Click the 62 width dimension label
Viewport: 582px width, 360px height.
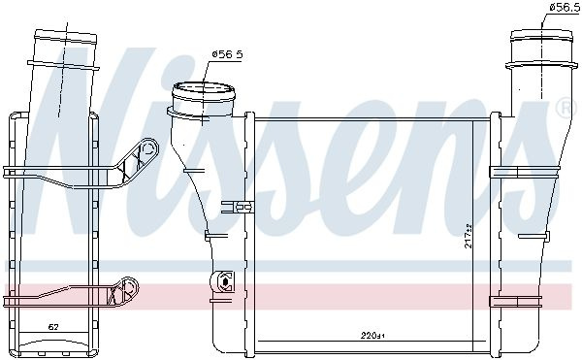53,327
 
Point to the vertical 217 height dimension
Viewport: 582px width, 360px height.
469,236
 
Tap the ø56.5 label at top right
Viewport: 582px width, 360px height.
566,8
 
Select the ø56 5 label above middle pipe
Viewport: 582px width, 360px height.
227,54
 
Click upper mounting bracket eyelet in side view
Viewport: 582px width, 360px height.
148,148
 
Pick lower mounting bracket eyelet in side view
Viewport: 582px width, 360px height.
129,287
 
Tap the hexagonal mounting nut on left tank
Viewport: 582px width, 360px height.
226,282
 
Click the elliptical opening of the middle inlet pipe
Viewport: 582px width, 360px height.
204,92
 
